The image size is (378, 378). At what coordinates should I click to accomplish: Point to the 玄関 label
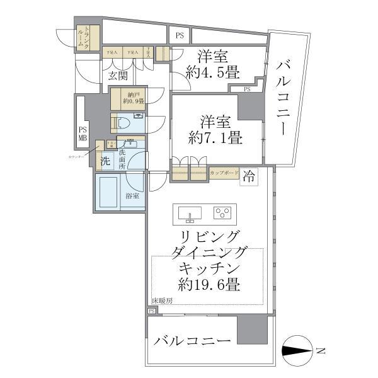118,77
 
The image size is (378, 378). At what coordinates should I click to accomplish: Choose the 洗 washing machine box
105,161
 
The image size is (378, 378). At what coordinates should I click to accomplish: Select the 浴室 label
132,197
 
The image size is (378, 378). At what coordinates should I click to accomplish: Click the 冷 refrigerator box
249,175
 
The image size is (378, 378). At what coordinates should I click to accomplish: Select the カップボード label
224,171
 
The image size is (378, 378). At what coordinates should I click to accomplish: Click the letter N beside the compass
321,350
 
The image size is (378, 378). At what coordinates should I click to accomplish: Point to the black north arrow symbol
297,350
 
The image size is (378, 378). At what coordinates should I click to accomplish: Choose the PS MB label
83,134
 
